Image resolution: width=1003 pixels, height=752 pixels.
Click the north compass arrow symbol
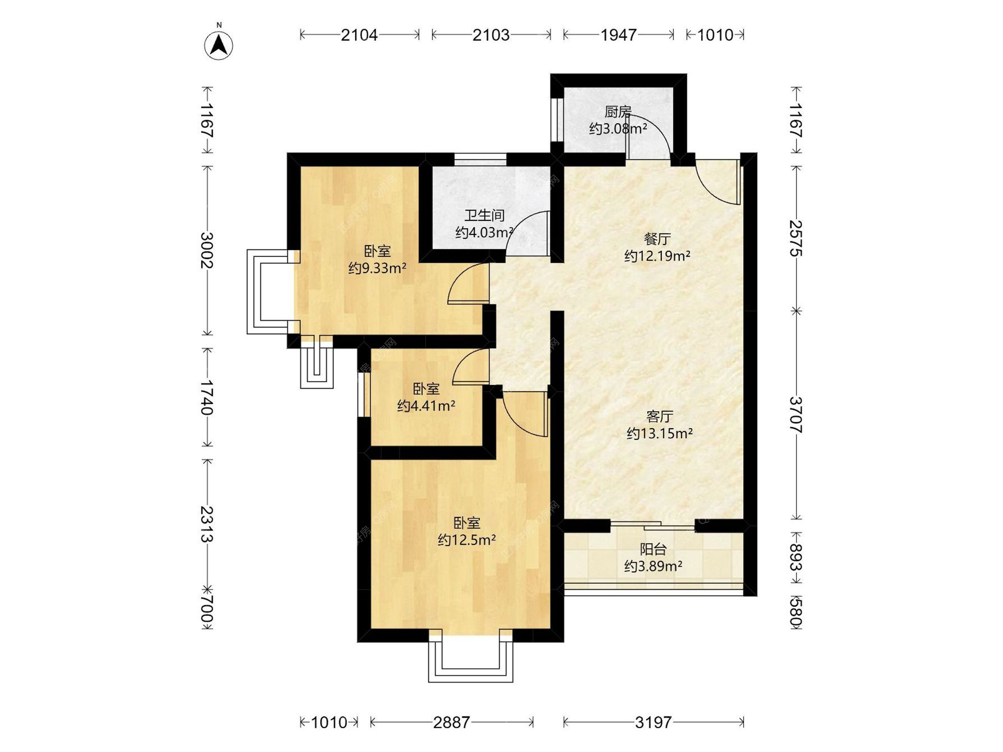point(219,44)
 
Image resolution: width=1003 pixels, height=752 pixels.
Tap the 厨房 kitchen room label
point(618,112)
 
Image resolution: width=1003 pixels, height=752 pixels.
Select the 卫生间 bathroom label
point(484,215)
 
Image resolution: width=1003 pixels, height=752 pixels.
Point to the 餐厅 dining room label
point(657,239)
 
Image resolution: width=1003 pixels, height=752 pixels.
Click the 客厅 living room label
point(659,416)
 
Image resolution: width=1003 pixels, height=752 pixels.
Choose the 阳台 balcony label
point(653,549)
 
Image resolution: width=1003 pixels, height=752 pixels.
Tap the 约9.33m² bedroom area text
point(377,268)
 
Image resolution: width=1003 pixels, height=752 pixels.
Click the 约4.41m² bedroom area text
point(426,406)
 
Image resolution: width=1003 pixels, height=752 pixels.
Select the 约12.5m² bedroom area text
point(466,539)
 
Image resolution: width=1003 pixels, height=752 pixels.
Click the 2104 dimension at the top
point(359,35)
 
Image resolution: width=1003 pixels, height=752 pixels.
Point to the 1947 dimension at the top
point(619,35)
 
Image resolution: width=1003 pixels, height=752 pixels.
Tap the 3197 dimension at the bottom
point(653,722)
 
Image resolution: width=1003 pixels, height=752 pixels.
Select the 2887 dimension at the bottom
point(451,722)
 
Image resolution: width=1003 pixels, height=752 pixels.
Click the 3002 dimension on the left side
point(207,250)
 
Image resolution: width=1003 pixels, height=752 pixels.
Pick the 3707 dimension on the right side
point(796,415)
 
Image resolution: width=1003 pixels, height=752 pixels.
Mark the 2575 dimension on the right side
point(796,238)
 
